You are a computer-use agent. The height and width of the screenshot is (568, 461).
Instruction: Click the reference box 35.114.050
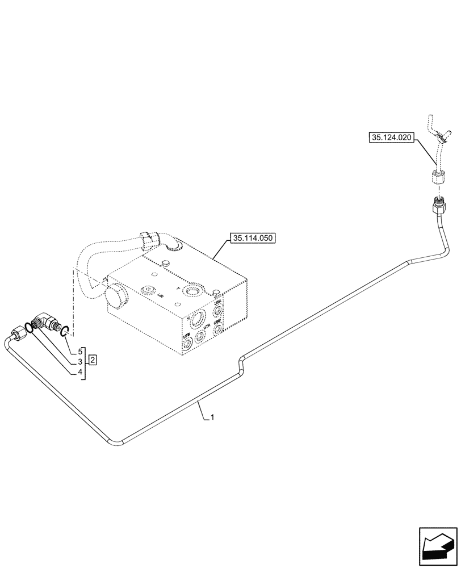tap(253, 239)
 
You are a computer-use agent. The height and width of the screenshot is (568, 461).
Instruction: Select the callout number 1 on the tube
tap(212, 417)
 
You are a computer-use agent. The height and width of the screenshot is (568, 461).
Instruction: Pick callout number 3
tap(80, 361)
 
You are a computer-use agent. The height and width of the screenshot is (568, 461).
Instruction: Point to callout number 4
tap(80, 372)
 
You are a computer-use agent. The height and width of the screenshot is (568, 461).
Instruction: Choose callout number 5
tap(80, 351)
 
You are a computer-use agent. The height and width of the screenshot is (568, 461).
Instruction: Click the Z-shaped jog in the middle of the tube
tap(242, 364)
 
